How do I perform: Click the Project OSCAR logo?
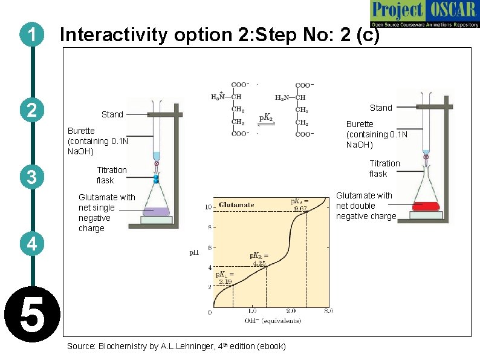click(424, 15)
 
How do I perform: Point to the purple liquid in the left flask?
click(156, 212)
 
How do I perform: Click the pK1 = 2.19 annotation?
click(224, 278)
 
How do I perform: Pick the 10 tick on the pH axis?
click(208, 207)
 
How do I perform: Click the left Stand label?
click(112, 114)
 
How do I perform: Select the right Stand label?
click(381, 108)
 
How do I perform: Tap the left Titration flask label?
click(111, 175)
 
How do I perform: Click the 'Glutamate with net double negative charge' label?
click(365, 206)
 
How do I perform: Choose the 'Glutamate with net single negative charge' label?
click(106, 212)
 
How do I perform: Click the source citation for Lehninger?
click(177, 346)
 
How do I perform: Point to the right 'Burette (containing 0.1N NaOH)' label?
click(376, 134)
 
